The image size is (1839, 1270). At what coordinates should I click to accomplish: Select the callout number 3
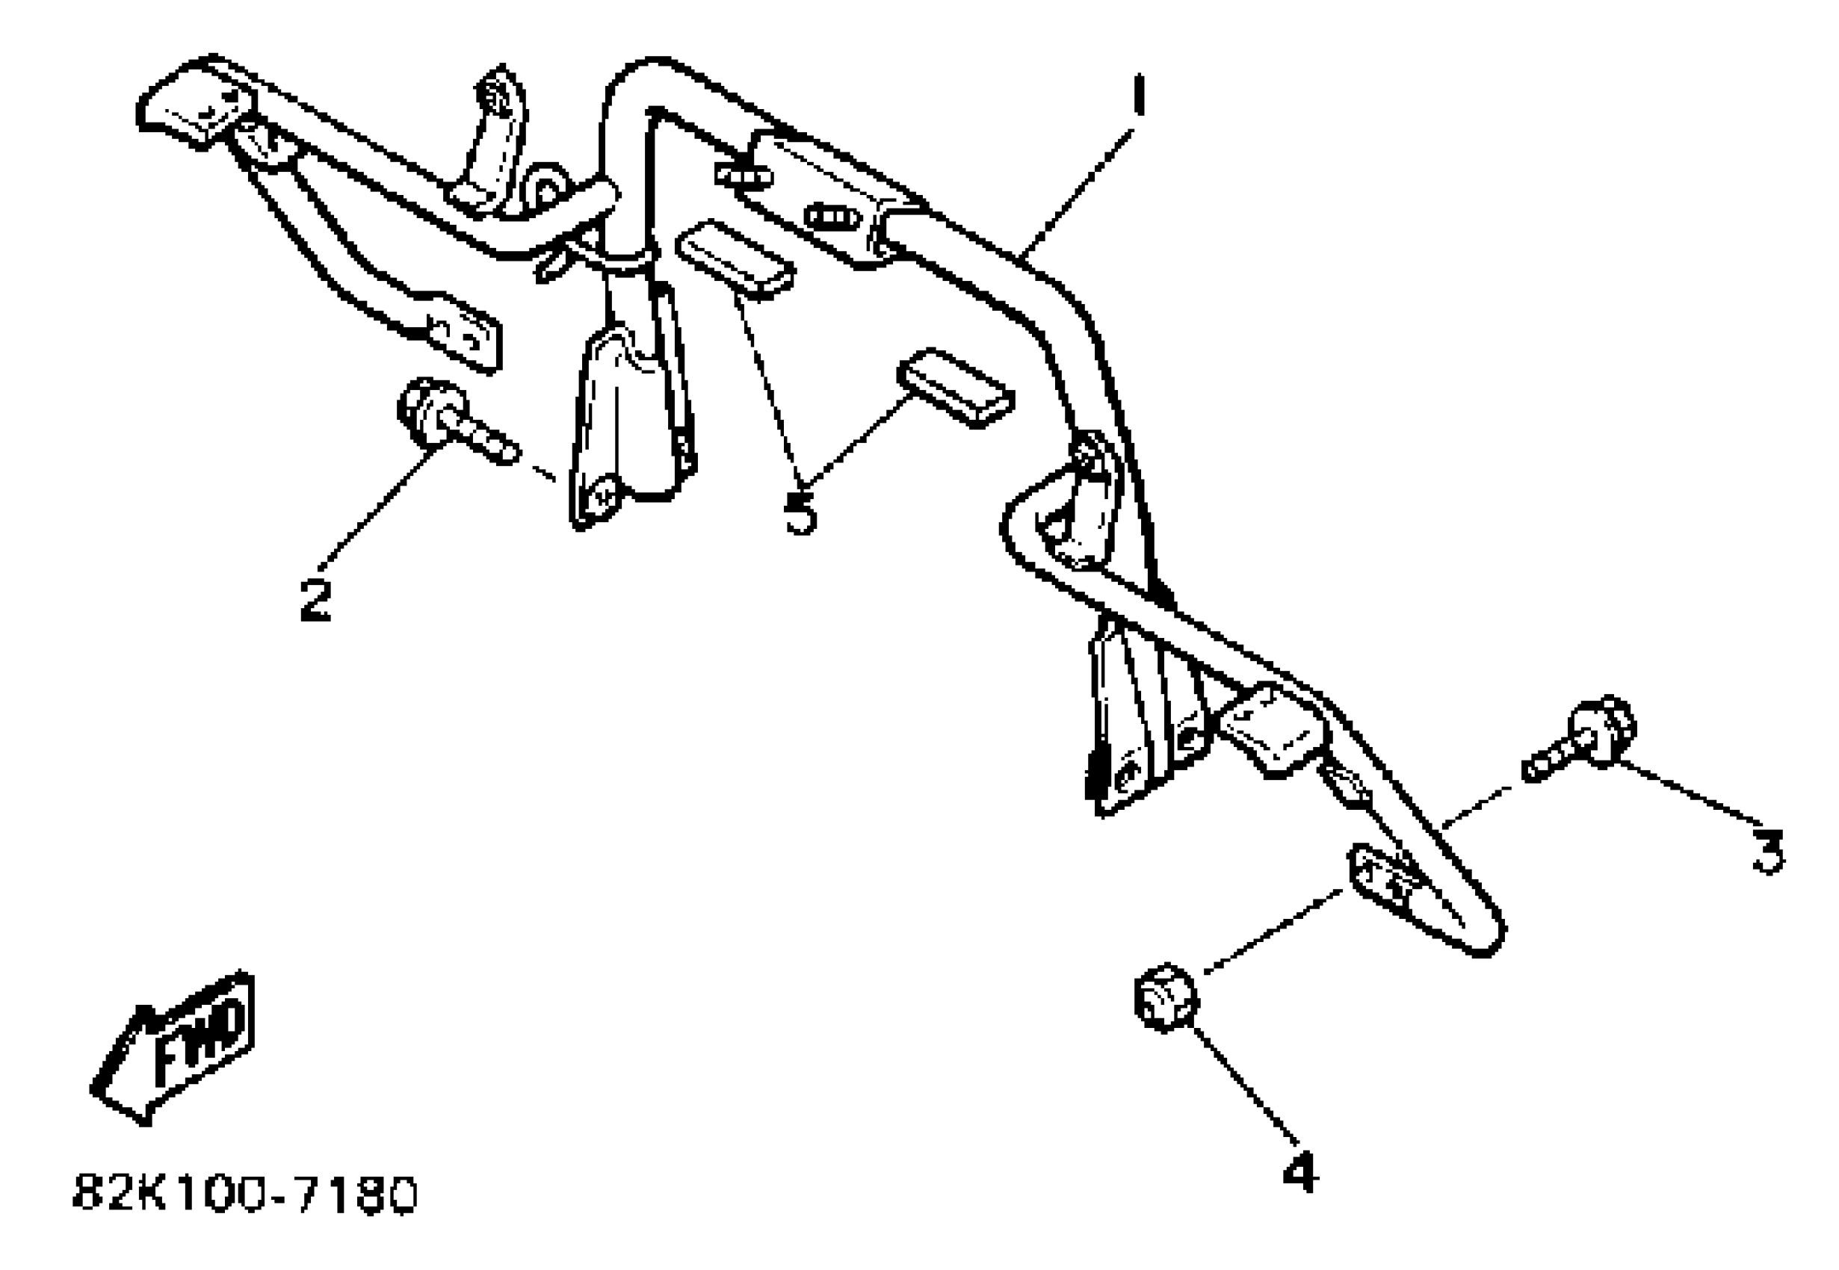click(1768, 851)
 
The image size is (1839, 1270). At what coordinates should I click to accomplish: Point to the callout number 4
click(1300, 1172)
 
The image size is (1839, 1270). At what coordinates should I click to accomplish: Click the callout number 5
click(800, 512)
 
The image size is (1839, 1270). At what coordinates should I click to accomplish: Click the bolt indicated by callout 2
click(454, 421)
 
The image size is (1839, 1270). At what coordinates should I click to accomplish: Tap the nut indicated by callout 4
click(1166, 998)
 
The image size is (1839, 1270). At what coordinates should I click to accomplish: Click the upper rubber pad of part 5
click(734, 259)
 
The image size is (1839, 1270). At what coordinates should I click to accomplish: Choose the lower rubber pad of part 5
click(955, 388)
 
